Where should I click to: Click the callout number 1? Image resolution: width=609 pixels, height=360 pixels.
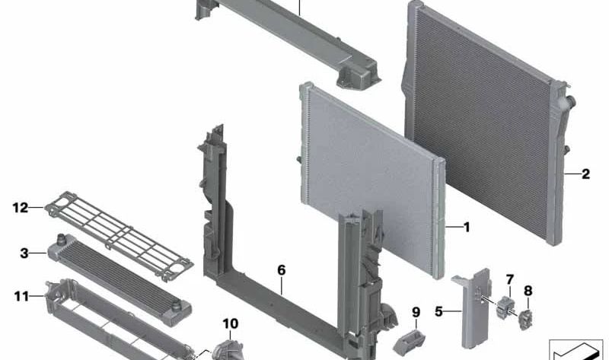click(467, 227)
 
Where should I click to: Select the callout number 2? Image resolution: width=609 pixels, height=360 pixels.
click(585, 174)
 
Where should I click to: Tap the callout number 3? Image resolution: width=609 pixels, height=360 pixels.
click(24, 253)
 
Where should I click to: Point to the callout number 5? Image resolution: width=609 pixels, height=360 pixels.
click(439, 311)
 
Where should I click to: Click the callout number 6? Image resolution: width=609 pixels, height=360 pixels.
click(281, 270)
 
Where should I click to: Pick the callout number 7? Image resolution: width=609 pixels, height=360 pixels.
click(509, 279)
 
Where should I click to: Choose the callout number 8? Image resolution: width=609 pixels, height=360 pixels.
click(528, 291)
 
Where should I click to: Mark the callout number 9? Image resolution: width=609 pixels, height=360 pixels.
click(416, 312)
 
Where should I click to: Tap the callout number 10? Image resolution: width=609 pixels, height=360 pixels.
click(231, 323)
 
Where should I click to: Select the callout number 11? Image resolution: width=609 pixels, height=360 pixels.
click(21, 297)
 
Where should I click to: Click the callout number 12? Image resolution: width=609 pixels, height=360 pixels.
click(21, 208)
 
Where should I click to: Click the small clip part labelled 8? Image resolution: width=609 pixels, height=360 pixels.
click(525, 320)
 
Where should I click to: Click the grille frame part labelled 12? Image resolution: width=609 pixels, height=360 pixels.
click(119, 235)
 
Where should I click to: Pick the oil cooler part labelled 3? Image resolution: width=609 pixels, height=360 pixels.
click(120, 279)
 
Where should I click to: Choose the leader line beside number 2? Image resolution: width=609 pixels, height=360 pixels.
click(572, 174)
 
